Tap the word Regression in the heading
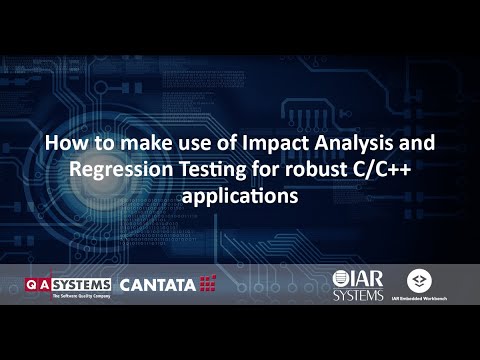coord(120,170)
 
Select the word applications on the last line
coord(240,196)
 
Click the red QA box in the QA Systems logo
coord(38,284)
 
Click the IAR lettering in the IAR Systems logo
coord(370,276)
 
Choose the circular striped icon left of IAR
coord(341,278)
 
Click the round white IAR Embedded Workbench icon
coord(419,280)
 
